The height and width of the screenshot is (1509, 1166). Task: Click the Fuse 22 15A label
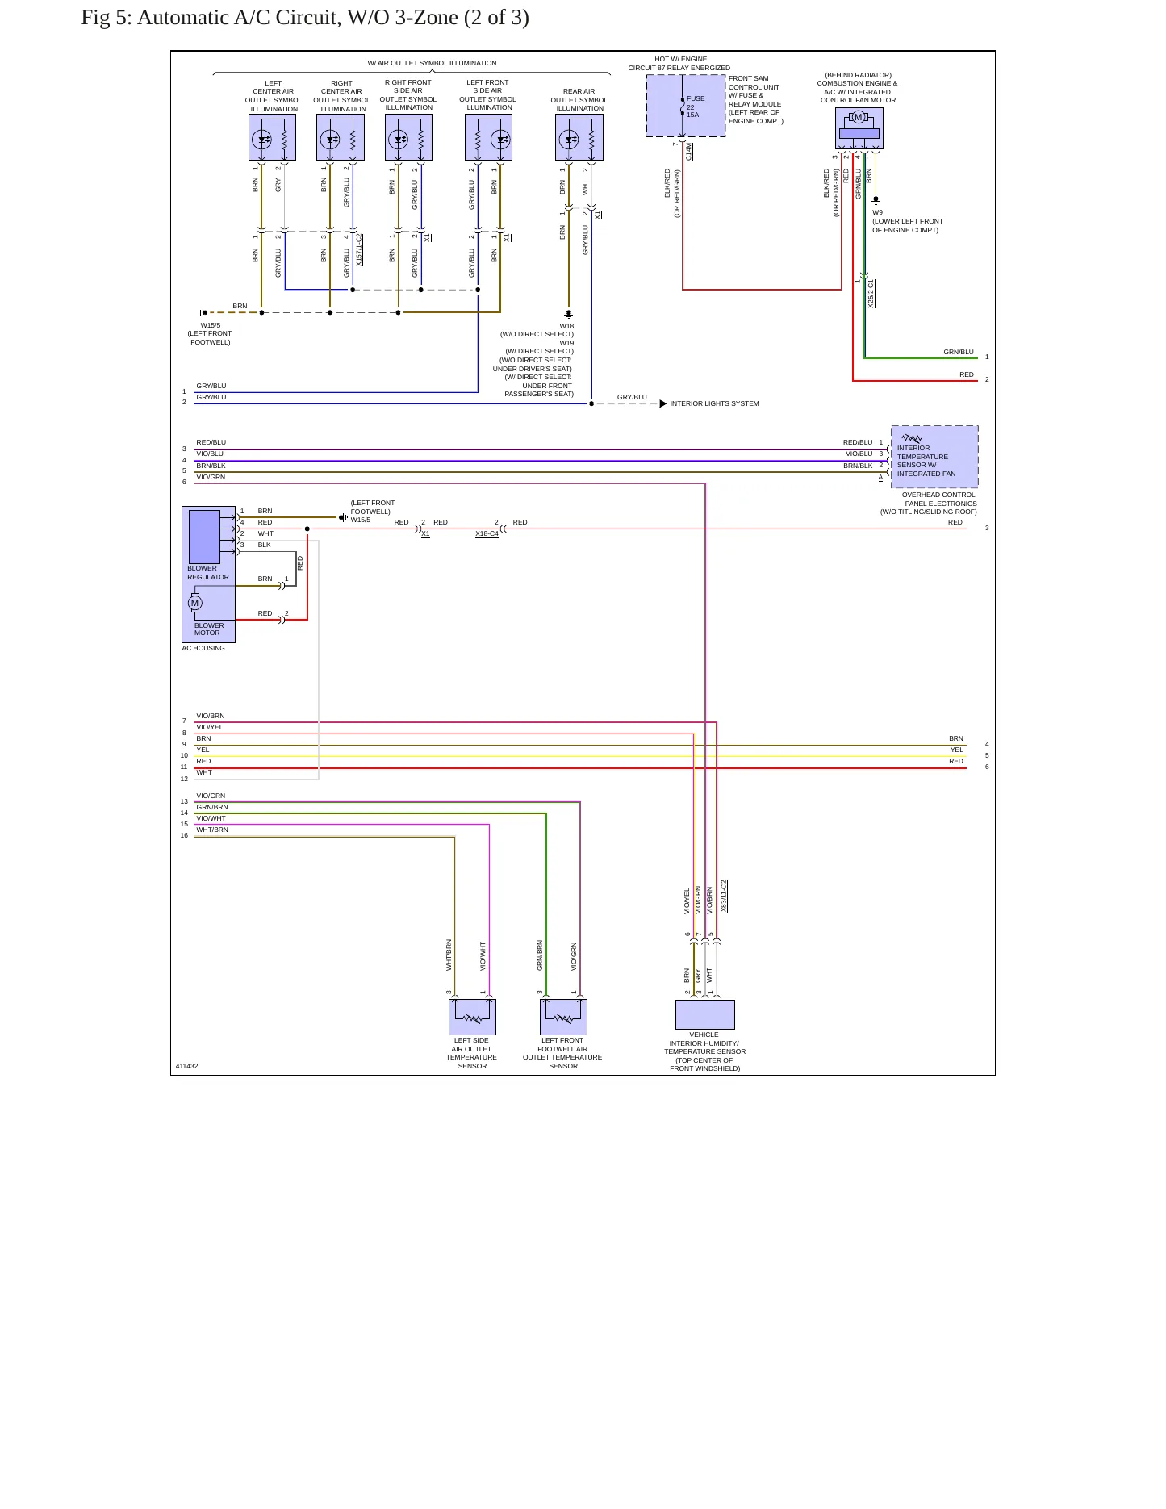695,107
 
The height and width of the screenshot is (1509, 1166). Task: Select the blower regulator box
204,537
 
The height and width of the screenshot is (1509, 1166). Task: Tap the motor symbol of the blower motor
194,603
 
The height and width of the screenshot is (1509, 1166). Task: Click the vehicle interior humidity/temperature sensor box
705,1014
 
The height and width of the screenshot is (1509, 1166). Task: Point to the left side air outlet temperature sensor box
472,1017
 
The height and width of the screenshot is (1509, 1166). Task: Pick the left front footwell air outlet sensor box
563,1017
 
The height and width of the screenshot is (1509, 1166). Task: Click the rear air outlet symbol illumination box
579,137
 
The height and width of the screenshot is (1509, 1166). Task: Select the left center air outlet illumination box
273,137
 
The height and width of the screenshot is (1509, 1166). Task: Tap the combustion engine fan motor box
859,128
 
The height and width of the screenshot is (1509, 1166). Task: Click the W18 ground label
567,326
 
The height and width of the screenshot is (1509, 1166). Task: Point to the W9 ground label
877,212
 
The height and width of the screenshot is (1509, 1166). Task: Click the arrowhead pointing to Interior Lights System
663,403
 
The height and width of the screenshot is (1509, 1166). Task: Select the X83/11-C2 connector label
724,897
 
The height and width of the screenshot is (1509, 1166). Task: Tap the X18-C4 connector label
487,534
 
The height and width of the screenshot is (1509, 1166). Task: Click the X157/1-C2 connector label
359,250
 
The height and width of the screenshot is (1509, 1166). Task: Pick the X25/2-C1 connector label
871,294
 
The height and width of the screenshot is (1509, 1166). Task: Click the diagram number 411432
186,1066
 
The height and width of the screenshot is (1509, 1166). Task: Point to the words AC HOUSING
203,648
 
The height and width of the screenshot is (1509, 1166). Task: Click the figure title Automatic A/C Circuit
305,17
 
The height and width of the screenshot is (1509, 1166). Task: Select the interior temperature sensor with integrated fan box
934,457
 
